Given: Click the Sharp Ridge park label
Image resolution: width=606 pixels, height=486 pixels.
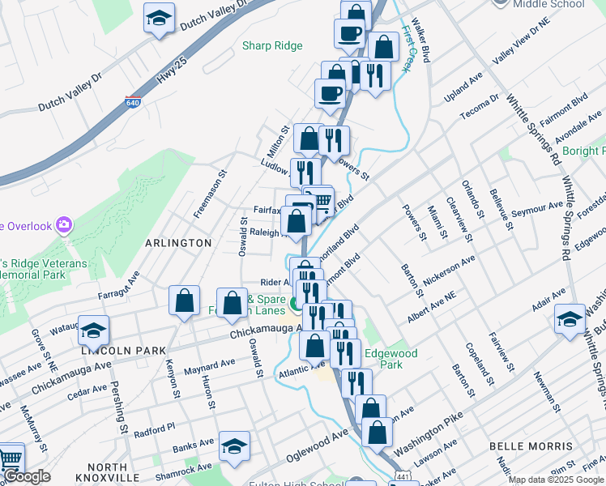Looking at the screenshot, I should (272, 46).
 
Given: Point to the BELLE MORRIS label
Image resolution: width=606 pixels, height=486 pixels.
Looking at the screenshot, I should (531, 446).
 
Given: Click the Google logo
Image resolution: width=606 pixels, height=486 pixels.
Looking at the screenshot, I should (27, 476).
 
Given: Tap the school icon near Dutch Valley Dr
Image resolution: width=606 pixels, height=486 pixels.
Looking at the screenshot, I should (160, 18).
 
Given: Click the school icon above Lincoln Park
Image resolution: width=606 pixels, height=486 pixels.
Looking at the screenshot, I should (94, 330).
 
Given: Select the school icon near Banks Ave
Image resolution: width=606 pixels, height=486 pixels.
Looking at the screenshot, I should (234, 446).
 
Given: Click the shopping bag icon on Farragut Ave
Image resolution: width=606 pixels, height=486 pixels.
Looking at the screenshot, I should (185, 300).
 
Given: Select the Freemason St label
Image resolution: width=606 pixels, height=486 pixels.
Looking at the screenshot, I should (208, 194).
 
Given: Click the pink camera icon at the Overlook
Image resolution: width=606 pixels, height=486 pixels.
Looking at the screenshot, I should (65, 224).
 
